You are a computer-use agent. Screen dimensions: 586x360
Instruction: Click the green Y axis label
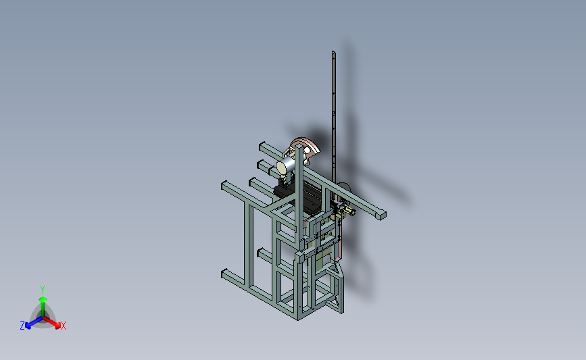43,290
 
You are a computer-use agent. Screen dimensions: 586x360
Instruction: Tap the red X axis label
63,326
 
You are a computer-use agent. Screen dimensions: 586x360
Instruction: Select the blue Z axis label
22,326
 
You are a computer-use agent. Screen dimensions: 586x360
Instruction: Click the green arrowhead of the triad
43,299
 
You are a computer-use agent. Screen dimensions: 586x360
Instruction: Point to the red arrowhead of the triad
57,326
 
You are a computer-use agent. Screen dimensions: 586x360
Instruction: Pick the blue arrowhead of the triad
28,326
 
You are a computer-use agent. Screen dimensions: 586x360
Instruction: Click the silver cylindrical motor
286,165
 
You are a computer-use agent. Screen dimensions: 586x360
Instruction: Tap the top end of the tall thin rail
333,53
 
